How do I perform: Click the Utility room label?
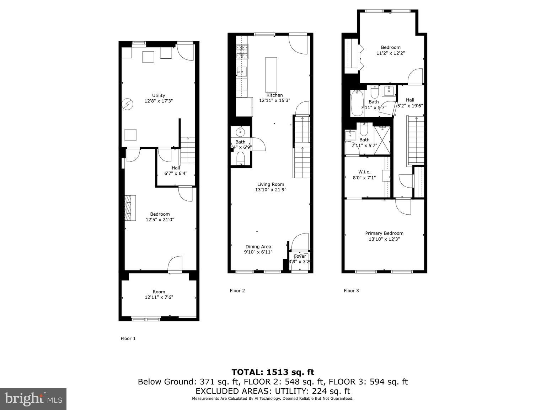(159, 95)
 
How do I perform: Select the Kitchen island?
(271, 74)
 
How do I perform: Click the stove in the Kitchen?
(242, 52)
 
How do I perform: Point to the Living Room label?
(271, 184)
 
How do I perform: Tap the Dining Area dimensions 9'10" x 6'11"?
(258, 252)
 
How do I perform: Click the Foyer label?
(300, 256)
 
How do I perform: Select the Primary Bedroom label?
(384, 233)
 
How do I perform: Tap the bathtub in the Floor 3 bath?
(357, 103)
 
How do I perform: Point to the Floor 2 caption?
(237, 291)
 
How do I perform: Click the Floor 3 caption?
(351, 291)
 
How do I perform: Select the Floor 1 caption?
(128, 339)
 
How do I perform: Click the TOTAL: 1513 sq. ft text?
(273, 372)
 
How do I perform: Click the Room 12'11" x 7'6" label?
(159, 294)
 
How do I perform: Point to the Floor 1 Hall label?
(176, 168)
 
